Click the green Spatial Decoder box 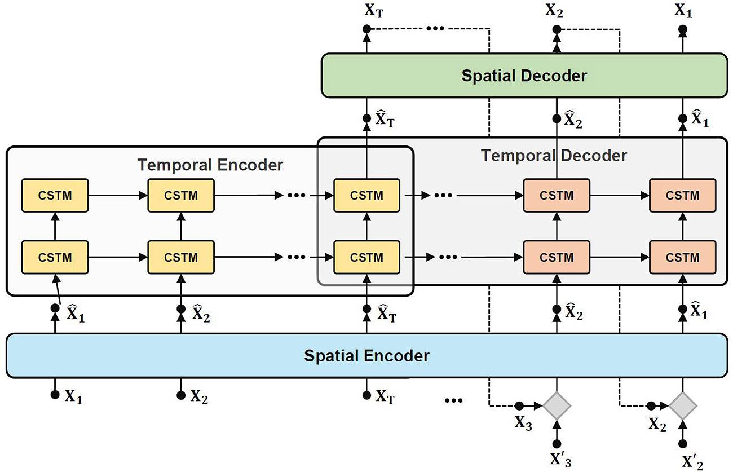tap(524, 76)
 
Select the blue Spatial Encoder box tap(366, 356)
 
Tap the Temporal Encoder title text tap(210, 165)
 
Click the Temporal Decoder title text tap(554, 155)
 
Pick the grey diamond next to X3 tap(557, 405)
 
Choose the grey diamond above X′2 tap(683, 405)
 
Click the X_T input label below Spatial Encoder tap(385, 397)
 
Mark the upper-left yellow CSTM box tap(55, 196)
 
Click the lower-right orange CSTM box tap(682, 257)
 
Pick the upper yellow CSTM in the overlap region tap(366, 196)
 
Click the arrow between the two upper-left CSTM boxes tap(118, 196)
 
